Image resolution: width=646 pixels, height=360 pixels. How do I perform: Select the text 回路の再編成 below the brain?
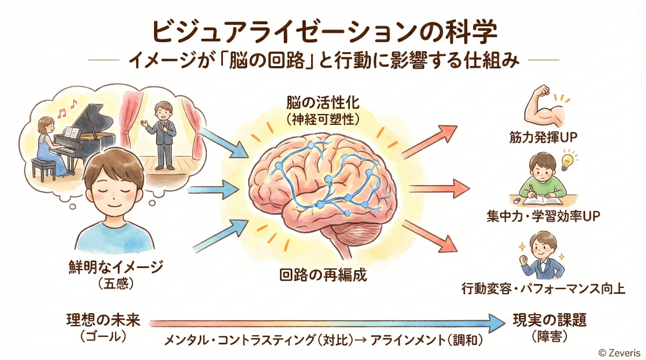tap(323, 276)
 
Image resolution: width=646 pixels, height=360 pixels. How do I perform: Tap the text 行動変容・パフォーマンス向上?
tap(543, 288)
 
